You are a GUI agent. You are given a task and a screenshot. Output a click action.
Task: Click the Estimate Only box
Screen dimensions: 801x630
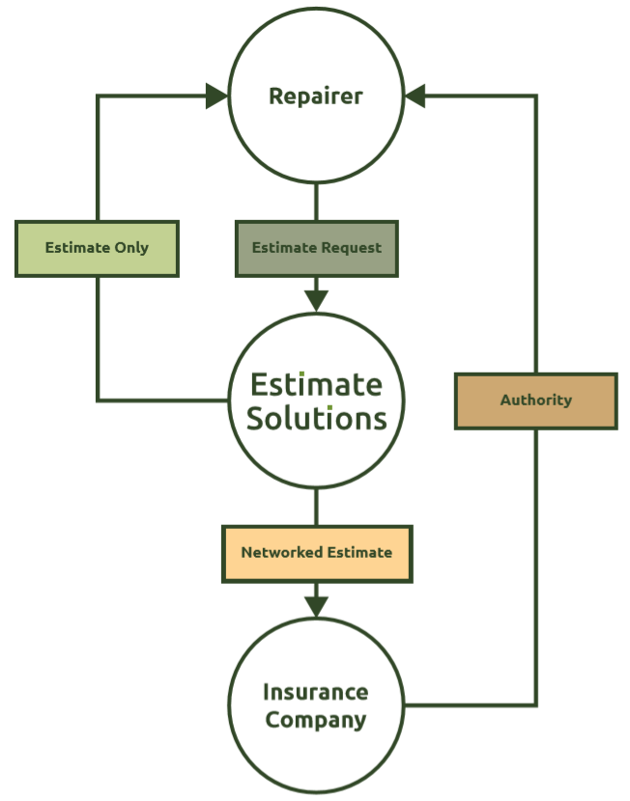[97, 248]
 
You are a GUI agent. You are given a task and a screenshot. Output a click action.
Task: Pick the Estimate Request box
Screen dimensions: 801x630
[316, 248]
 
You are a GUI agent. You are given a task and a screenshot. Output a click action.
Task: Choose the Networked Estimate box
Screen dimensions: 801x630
[316, 553]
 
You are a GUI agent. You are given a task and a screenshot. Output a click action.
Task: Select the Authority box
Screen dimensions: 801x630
[535, 400]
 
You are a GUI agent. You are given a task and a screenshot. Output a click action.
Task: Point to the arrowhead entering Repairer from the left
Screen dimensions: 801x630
[216, 96]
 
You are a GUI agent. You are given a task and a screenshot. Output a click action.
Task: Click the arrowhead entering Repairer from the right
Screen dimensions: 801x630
[415, 96]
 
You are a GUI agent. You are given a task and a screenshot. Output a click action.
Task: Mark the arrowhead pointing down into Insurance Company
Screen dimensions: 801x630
[316, 605]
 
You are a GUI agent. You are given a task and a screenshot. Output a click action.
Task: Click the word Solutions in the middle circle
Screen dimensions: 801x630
[316, 418]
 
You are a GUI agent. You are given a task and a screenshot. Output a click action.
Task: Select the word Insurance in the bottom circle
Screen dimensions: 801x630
[316, 692]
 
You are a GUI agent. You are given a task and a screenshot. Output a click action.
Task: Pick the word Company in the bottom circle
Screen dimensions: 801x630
[316, 720]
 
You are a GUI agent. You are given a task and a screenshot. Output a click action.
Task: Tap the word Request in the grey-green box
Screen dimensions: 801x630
[352, 248]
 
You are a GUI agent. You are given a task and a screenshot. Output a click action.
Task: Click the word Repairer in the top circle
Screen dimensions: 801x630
[316, 97]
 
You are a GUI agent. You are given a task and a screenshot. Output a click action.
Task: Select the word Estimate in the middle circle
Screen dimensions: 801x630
[316, 385]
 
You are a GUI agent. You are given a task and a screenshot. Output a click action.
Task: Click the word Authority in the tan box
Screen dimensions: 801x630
[535, 400]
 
